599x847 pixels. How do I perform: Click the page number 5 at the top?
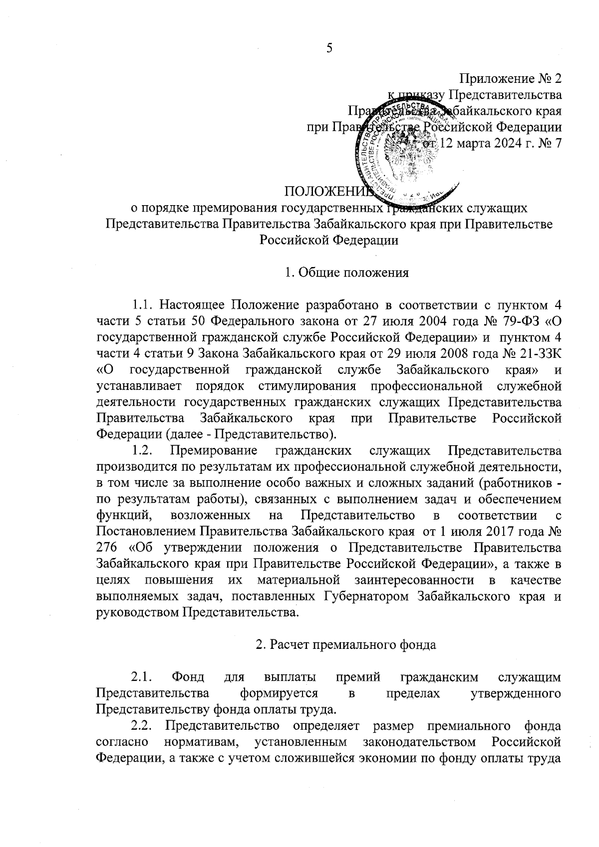(x=329, y=47)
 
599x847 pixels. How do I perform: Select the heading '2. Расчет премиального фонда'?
(x=346, y=644)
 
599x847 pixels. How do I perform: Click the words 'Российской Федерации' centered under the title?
(x=329, y=240)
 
